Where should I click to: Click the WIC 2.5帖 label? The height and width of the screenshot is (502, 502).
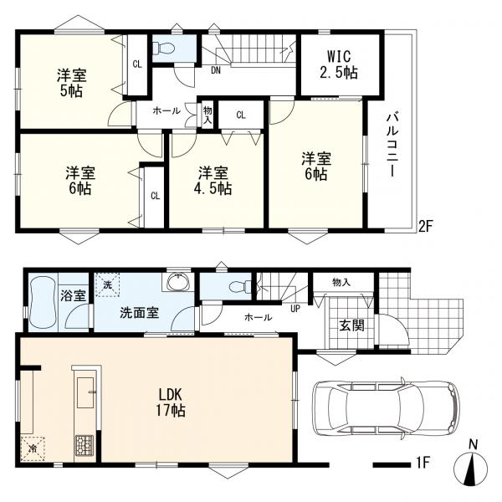[x=339, y=64]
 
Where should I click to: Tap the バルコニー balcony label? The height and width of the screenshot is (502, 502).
[x=392, y=145]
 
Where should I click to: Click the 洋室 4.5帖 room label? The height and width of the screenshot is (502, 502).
[x=213, y=181]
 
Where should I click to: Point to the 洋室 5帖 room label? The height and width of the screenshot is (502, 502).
[x=71, y=84]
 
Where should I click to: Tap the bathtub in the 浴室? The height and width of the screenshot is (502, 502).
[x=43, y=303]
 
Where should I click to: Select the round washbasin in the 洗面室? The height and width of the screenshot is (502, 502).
[x=178, y=283]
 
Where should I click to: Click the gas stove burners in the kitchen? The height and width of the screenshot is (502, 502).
[x=85, y=445]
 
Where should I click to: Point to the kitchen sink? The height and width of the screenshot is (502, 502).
[x=85, y=392]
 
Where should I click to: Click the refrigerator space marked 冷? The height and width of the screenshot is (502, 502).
[x=33, y=448]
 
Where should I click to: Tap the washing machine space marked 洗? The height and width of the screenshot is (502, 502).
[x=108, y=284]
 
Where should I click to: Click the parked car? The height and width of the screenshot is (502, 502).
[x=387, y=407]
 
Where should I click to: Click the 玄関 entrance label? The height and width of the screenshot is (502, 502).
[x=351, y=325]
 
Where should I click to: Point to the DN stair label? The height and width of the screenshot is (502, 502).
[x=216, y=70]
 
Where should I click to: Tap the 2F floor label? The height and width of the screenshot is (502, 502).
[x=426, y=227]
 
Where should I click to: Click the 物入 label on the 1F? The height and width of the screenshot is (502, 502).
[x=341, y=282]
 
